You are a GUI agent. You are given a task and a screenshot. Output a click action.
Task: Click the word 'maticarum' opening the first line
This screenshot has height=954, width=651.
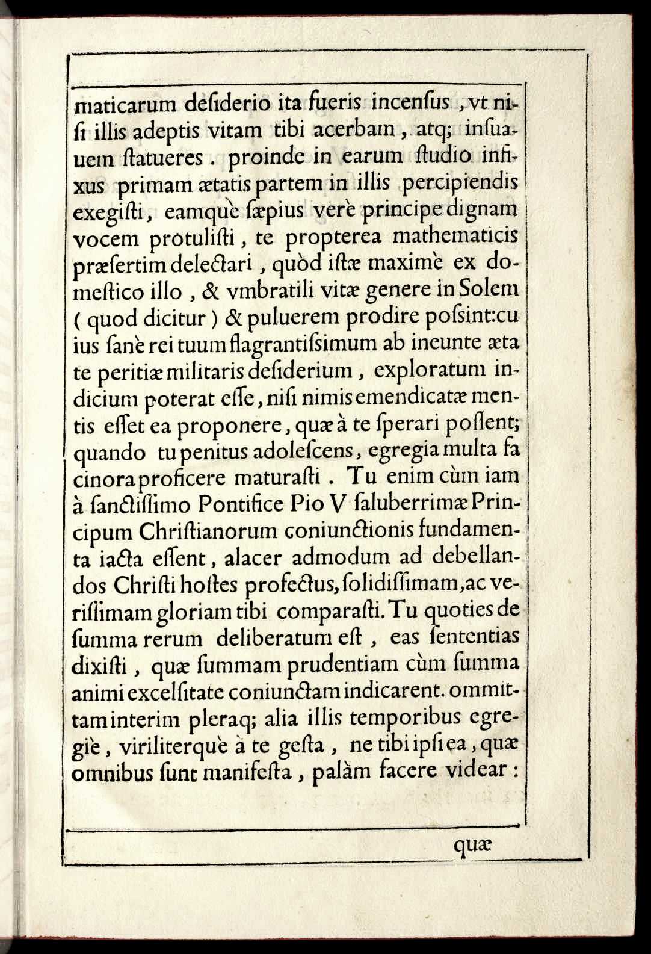pos(124,105)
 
